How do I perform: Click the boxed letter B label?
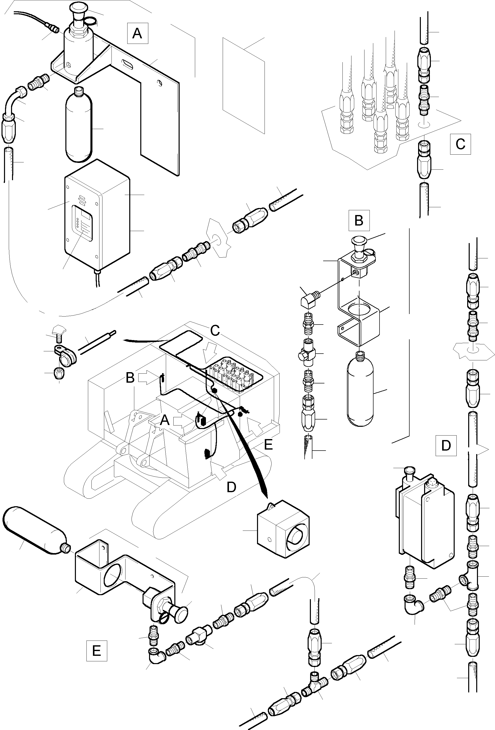(359, 221)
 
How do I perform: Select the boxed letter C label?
(460, 144)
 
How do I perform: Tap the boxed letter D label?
(446, 445)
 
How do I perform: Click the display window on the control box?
(82, 223)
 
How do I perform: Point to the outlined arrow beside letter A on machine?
(183, 420)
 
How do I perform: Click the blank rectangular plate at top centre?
(244, 86)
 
